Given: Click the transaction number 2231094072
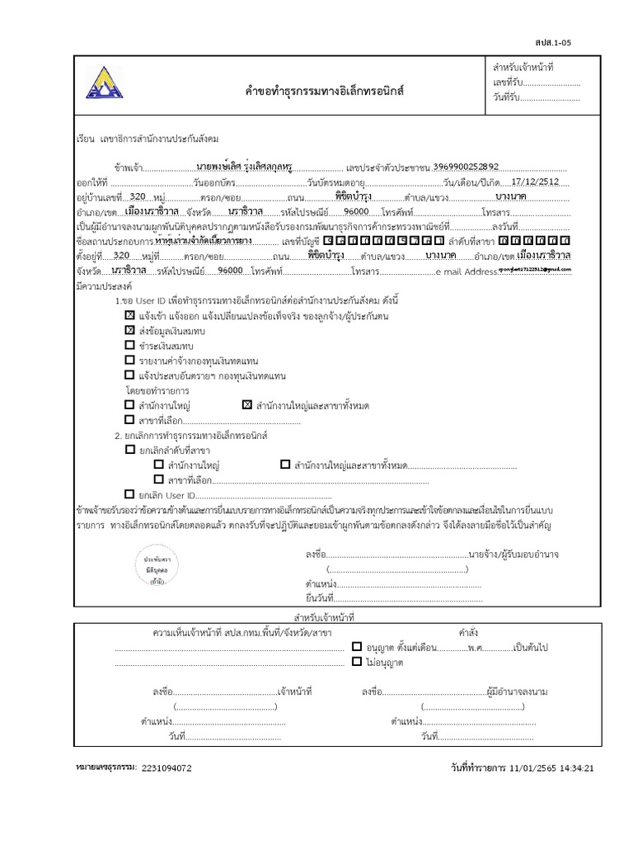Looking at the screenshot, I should [166, 767].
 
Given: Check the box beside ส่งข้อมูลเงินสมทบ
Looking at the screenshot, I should [129, 330].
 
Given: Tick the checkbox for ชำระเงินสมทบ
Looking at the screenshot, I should [129, 345].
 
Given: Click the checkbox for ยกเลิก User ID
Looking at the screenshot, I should [129, 494].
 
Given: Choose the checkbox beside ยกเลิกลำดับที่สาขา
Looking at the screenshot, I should [129, 450].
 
